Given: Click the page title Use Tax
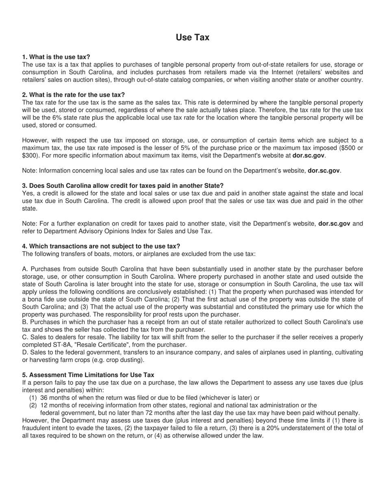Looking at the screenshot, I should coord(193,37).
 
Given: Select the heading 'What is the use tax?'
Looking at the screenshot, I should coord(56,57).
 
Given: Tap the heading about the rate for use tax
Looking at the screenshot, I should coord(73,95).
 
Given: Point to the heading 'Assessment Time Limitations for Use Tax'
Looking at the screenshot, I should coord(88,375).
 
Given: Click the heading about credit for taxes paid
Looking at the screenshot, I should coord(123,186).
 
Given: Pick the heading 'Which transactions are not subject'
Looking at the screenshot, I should coord(101,246).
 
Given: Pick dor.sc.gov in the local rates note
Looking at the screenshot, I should coord(323,170).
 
